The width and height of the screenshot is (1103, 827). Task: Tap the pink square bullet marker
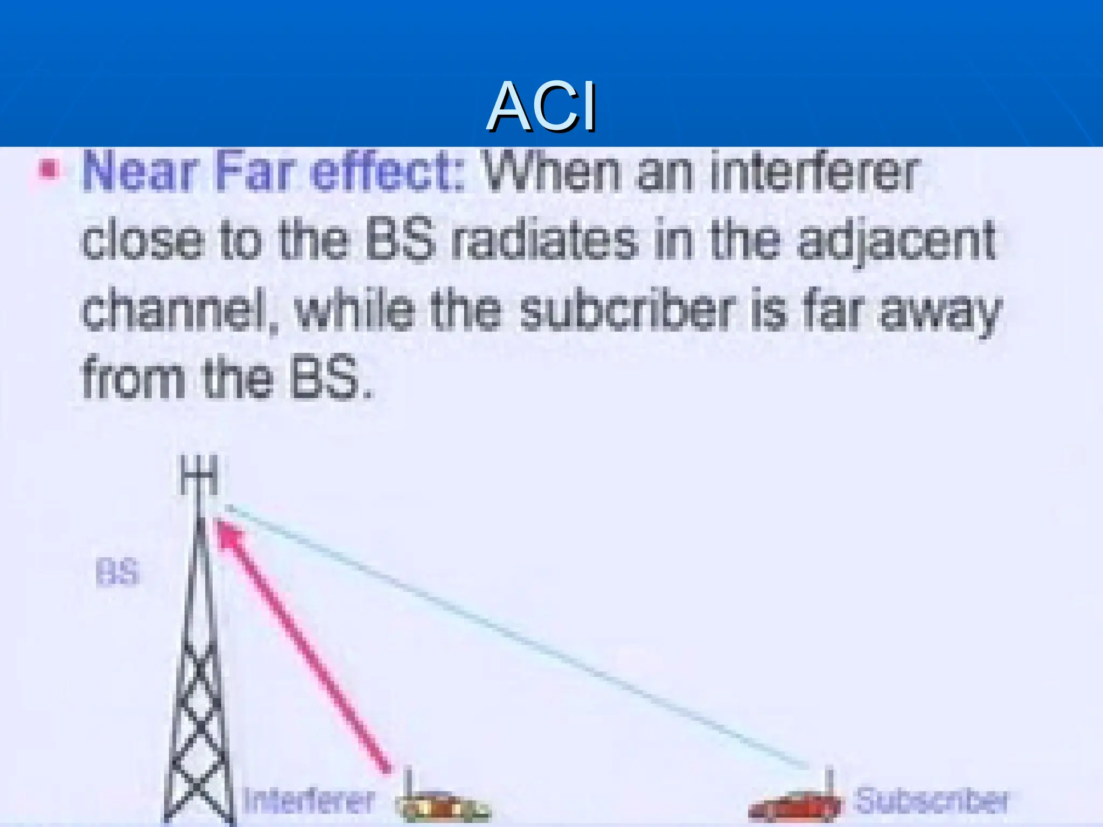point(48,170)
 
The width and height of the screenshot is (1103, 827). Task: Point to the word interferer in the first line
point(813,172)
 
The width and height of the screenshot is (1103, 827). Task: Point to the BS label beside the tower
point(117,572)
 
